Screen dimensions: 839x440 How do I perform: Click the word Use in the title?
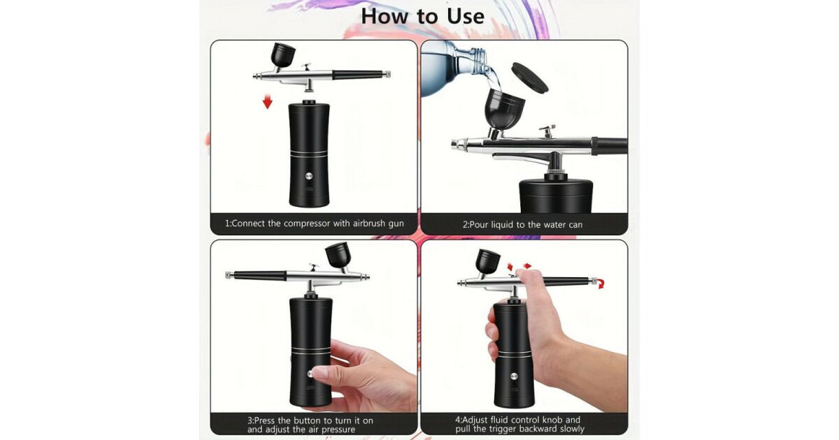click(x=466, y=17)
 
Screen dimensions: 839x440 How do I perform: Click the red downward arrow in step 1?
click(x=267, y=101)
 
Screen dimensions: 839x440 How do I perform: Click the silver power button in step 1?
click(x=309, y=176)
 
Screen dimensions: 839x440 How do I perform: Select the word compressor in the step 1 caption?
click(x=307, y=223)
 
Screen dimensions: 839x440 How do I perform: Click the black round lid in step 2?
click(x=530, y=77)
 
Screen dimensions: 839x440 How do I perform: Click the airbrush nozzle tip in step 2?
click(x=455, y=144)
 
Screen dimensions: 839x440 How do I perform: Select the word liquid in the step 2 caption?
click(x=502, y=225)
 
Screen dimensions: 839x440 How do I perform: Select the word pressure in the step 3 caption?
click(x=339, y=430)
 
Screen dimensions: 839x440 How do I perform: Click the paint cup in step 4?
click(x=488, y=261)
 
